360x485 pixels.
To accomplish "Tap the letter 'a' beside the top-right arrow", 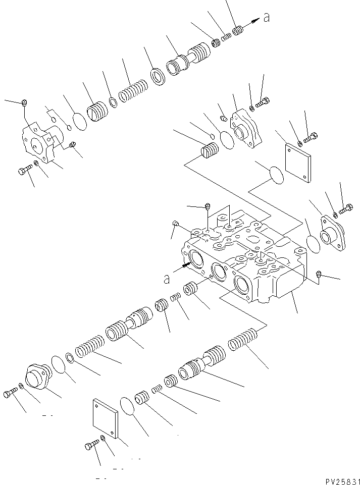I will [266, 18].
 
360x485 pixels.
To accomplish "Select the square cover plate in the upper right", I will [297, 162].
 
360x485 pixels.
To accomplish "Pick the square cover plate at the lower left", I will [105, 418].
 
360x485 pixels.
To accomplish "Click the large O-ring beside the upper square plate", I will [275, 175].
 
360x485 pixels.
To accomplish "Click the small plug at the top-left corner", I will [24, 103].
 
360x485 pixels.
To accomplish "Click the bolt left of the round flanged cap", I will [11, 394].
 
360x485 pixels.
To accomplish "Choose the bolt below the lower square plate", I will [91, 445].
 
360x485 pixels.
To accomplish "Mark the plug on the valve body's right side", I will [319, 274].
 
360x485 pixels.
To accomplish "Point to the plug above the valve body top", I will [208, 205].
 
